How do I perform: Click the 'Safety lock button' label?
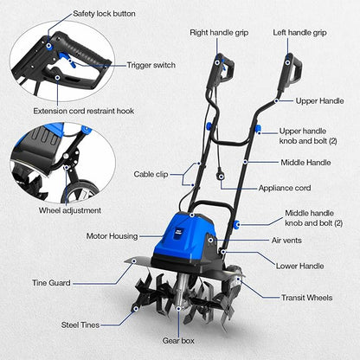point(104,14)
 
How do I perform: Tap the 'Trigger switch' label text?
point(151,65)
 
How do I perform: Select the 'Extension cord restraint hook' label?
point(84,111)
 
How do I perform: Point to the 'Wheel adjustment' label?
point(70,210)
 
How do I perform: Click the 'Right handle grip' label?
point(219,33)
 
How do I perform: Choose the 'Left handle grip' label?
point(299,33)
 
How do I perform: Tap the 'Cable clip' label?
point(151,174)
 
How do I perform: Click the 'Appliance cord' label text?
point(285,188)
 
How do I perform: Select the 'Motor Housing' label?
point(112,236)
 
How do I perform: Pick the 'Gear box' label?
point(178,341)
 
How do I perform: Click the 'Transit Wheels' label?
point(306,298)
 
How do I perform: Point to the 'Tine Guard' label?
point(51,283)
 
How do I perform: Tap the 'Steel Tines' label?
point(80,325)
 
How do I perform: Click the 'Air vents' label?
point(286,241)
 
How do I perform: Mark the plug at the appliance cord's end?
point(221,175)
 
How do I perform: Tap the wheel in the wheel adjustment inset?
point(80,191)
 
